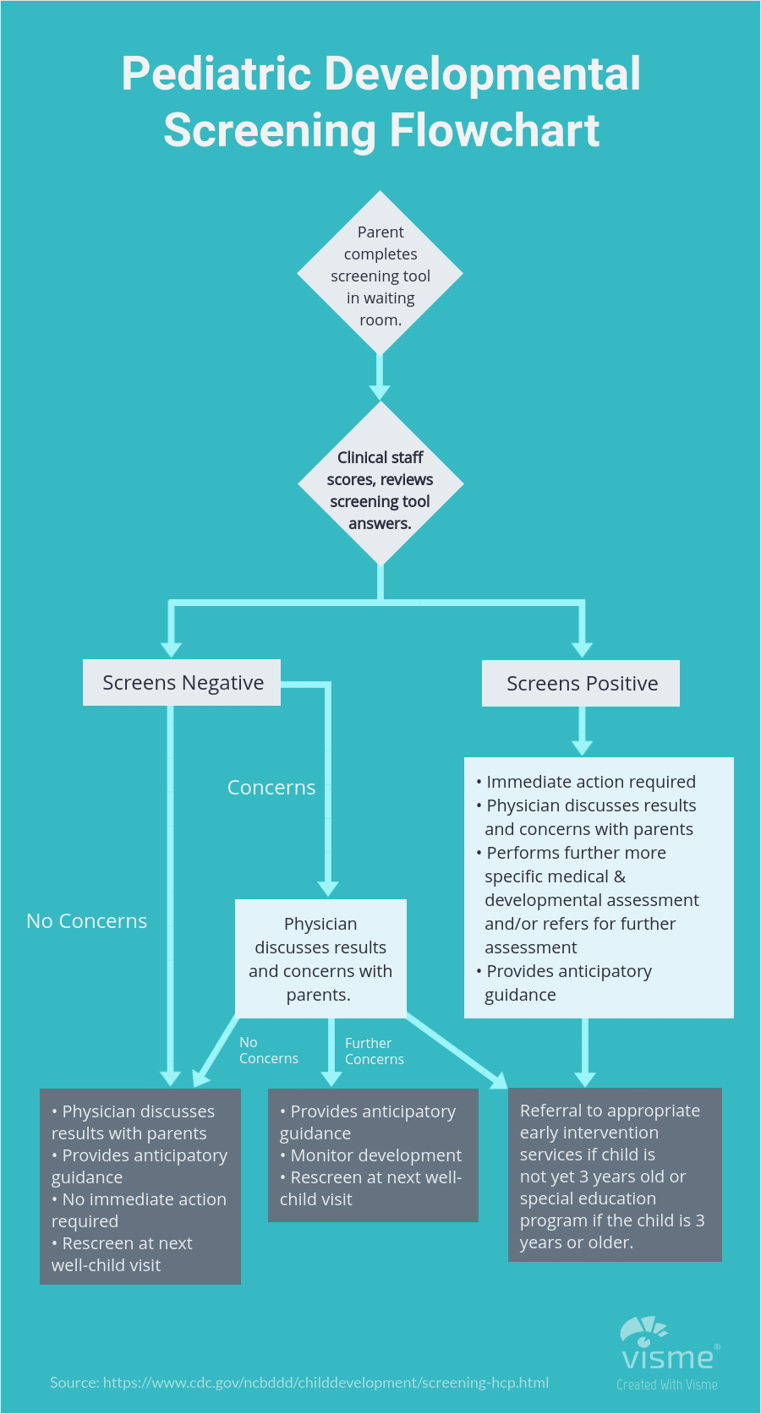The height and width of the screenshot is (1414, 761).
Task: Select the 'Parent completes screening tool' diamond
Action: [x=380, y=274]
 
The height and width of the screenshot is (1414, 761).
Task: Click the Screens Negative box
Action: [x=182, y=682]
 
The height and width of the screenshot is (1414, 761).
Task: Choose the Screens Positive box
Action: [x=581, y=683]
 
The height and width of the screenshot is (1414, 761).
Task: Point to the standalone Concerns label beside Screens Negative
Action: [x=271, y=787]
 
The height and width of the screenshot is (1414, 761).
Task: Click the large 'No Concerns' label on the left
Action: [x=86, y=920]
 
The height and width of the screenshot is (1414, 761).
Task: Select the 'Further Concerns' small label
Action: [x=374, y=1051]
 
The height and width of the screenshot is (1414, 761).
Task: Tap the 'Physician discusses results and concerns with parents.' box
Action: [x=320, y=958]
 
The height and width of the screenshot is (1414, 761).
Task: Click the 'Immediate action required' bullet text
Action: [x=590, y=782]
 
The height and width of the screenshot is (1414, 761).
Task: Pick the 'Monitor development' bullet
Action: [x=375, y=1155]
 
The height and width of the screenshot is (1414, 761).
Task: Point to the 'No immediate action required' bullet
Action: [x=139, y=1209]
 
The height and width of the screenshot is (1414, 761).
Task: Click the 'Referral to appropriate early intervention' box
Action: [x=615, y=1175]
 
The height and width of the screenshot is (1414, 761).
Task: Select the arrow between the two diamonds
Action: [x=380, y=377]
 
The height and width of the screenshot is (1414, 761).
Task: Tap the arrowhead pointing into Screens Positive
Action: [x=582, y=648]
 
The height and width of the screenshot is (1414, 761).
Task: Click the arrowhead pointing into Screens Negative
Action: [x=171, y=648]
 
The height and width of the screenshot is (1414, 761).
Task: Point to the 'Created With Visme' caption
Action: [x=666, y=1384]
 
